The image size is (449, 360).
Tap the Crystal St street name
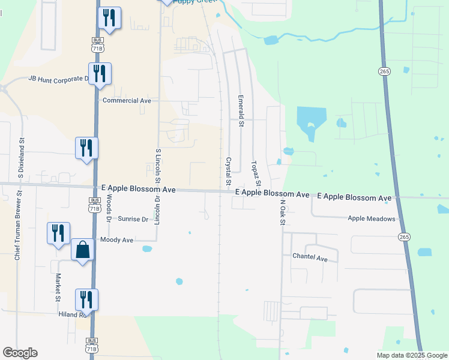click(x=228, y=171)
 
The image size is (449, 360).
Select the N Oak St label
click(x=281, y=212)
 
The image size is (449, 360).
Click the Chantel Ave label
click(x=310, y=259)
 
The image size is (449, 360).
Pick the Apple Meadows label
click(x=372, y=219)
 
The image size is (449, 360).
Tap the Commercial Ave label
click(x=127, y=101)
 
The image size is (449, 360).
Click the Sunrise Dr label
click(x=133, y=219)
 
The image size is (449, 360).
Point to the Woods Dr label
click(x=109, y=209)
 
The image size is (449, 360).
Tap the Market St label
click(x=58, y=287)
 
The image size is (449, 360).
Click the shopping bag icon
click(x=82, y=250)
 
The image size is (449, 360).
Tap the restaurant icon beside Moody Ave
click(x=58, y=233)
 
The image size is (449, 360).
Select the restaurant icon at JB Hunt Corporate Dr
click(x=100, y=73)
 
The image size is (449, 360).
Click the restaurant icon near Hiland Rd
click(x=86, y=299)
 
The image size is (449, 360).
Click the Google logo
click(x=20, y=353)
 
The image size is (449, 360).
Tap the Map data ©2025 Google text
click(x=411, y=355)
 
